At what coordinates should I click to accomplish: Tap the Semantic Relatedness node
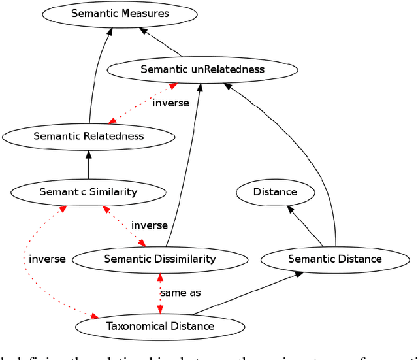[88, 136]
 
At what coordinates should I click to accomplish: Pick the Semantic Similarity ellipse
[88, 191]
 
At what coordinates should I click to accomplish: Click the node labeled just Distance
[275, 191]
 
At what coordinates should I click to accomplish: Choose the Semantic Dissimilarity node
[159, 259]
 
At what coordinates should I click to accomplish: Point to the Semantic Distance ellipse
[335, 259]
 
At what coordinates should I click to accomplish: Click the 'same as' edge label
[180, 293]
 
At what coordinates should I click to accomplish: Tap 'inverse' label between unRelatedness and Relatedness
[170, 103]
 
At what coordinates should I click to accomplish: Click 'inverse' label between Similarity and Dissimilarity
[150, 225]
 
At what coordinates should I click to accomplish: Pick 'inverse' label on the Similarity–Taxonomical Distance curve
[47, 259]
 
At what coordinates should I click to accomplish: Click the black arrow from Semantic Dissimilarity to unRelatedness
[189, 163]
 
